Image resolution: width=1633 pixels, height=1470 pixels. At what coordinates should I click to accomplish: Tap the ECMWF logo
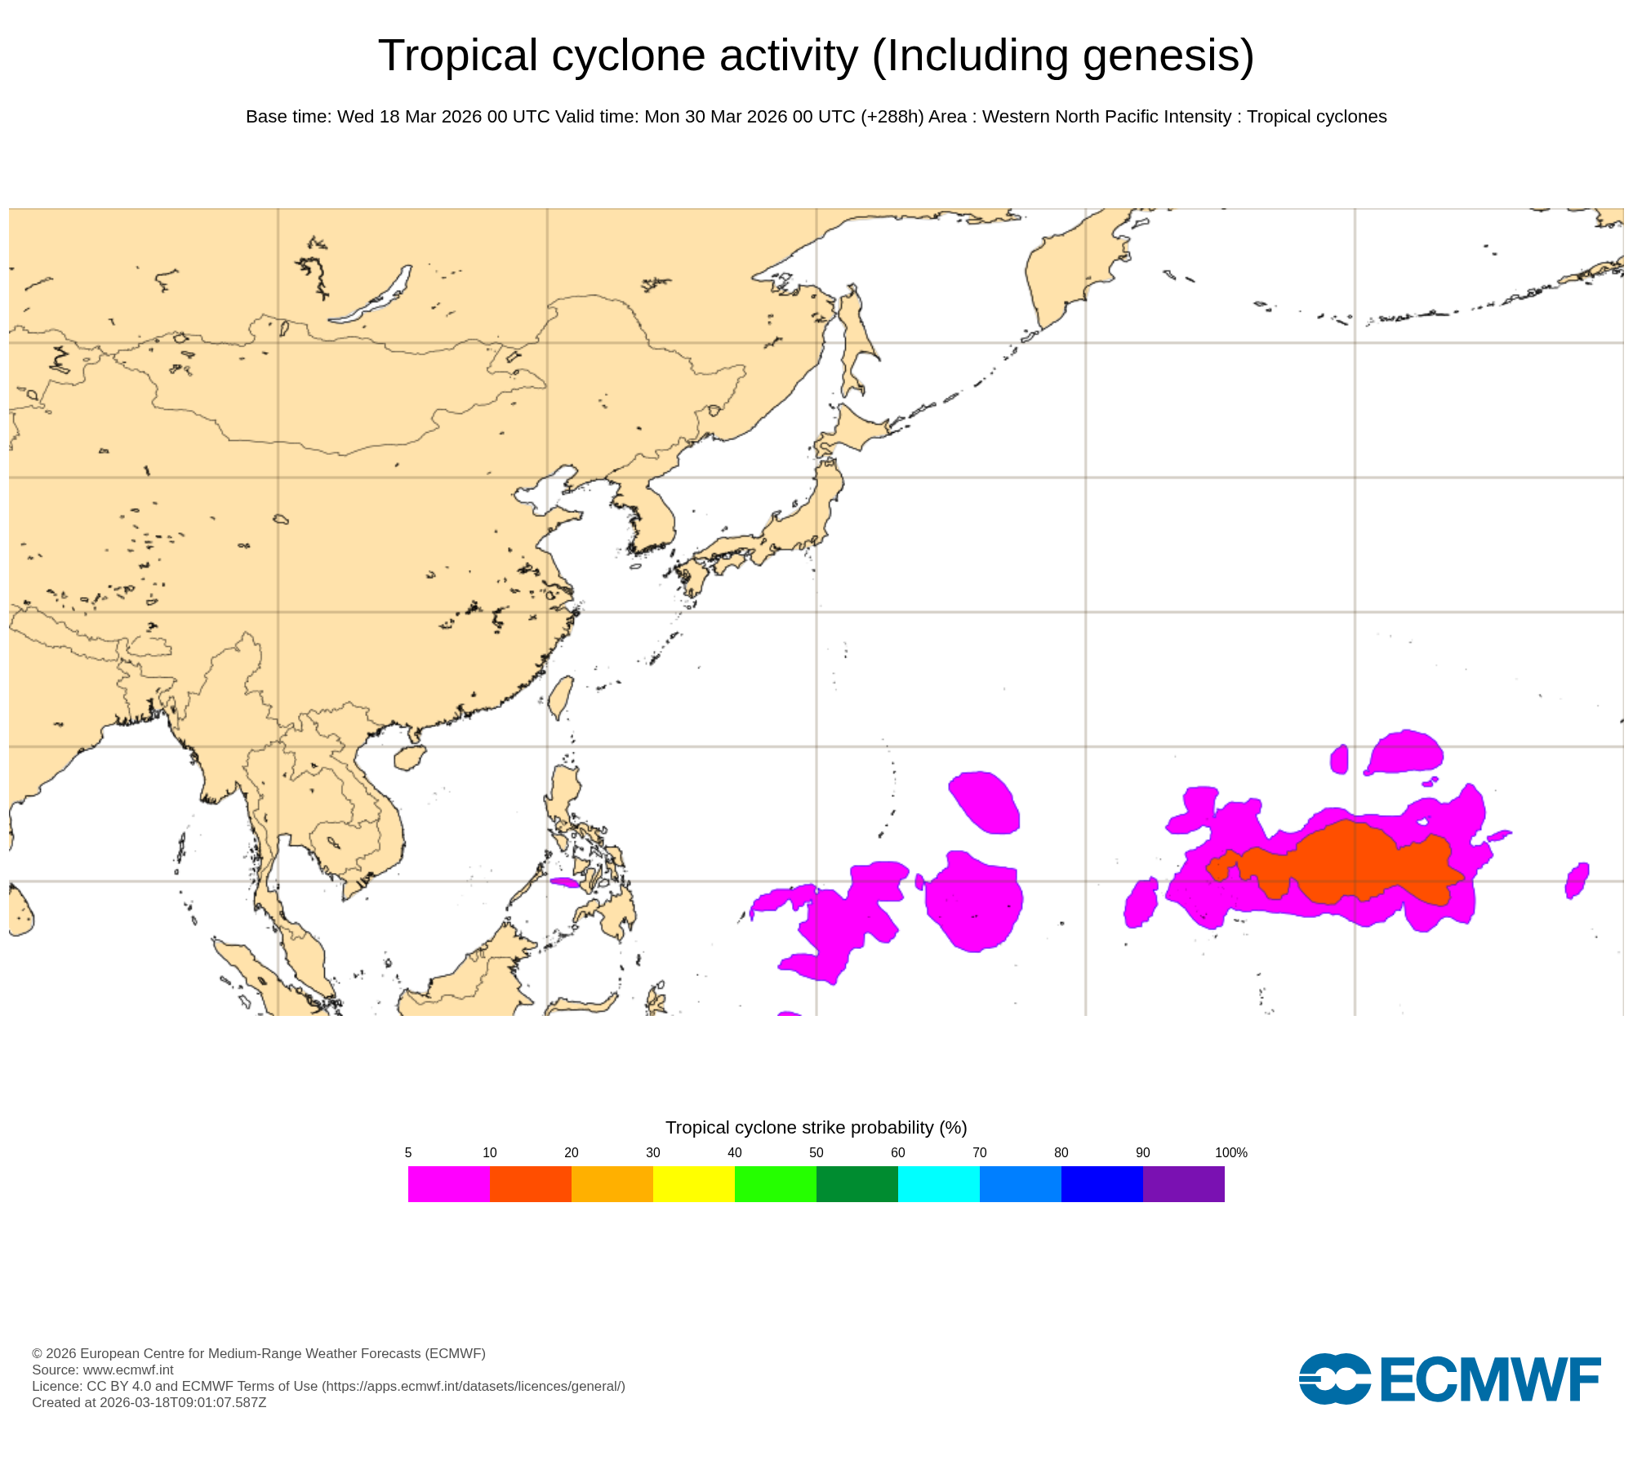point(1449,1379)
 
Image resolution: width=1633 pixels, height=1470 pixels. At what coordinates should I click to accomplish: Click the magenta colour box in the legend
point(449,1183)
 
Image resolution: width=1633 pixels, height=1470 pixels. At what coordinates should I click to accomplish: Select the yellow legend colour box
point(694,1183)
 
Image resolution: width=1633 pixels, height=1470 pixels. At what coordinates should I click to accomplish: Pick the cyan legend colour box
point(939,1183)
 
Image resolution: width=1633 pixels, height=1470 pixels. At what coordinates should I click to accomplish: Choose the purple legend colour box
point(1184,1183)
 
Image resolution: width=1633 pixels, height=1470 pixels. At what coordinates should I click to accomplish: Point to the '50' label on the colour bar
point(816,1152)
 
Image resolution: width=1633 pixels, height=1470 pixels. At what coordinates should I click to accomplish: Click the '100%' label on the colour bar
point(1230,1152)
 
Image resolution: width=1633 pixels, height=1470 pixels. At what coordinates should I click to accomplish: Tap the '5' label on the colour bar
point(408,1152)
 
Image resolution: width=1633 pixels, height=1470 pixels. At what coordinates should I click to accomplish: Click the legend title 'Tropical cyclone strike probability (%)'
point(816,1127)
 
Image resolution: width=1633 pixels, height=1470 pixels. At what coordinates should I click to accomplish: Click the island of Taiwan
point(559,697)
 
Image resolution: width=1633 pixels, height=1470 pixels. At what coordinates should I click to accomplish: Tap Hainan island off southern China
point(409,757)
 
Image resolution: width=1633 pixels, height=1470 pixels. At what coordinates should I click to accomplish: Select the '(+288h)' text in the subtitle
point(892,117)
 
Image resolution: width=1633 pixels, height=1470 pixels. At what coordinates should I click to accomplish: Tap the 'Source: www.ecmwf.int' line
point(103,1370)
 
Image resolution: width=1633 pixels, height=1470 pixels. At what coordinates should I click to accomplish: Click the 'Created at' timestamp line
point(149,1402)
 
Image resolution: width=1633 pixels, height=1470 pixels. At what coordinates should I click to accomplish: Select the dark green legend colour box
point(857,1183)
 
